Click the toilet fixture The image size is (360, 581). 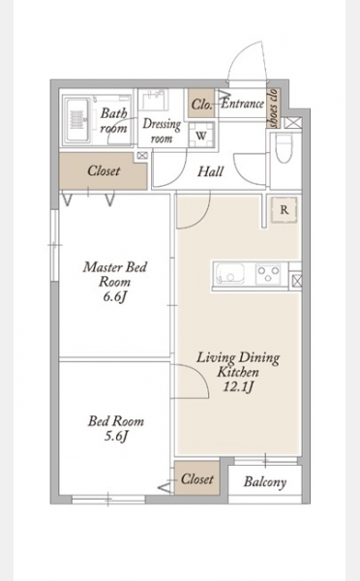(x=285, y=148)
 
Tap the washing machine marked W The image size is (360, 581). (x=200, y=136)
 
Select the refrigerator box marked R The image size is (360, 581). (x=285, y=210)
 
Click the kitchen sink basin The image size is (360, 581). (x=230, y=274)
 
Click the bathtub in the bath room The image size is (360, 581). (x=78, y=120)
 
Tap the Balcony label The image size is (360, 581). (x=265, y=482)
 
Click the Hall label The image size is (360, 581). (x=210, y=171)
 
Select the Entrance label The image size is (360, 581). (x=243, y=104)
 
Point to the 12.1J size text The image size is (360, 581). (x=238, y=386)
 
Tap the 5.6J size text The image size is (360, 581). (x=116, y=437)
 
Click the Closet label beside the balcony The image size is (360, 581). (x=197, y=479)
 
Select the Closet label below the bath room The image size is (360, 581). (x=104, y=170)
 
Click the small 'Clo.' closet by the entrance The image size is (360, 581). (x=201, y=105)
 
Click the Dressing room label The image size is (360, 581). (x=162, y=131)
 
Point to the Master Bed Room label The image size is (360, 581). (x=115, y=274)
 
